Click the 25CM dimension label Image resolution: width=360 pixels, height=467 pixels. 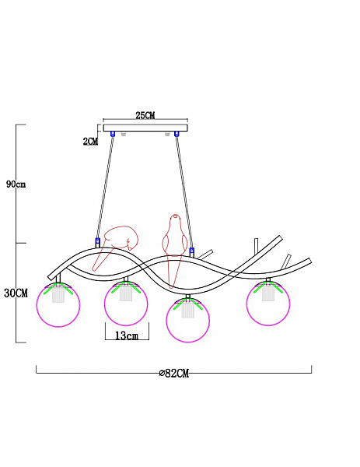point(145,115)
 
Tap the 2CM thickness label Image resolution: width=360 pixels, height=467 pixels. point(90,142)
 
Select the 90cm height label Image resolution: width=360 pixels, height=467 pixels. point(16,184)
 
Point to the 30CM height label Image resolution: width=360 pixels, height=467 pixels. point(16,293)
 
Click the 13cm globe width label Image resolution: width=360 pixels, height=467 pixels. point(127,336)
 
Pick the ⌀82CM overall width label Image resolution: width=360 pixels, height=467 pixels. point(174,373)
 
